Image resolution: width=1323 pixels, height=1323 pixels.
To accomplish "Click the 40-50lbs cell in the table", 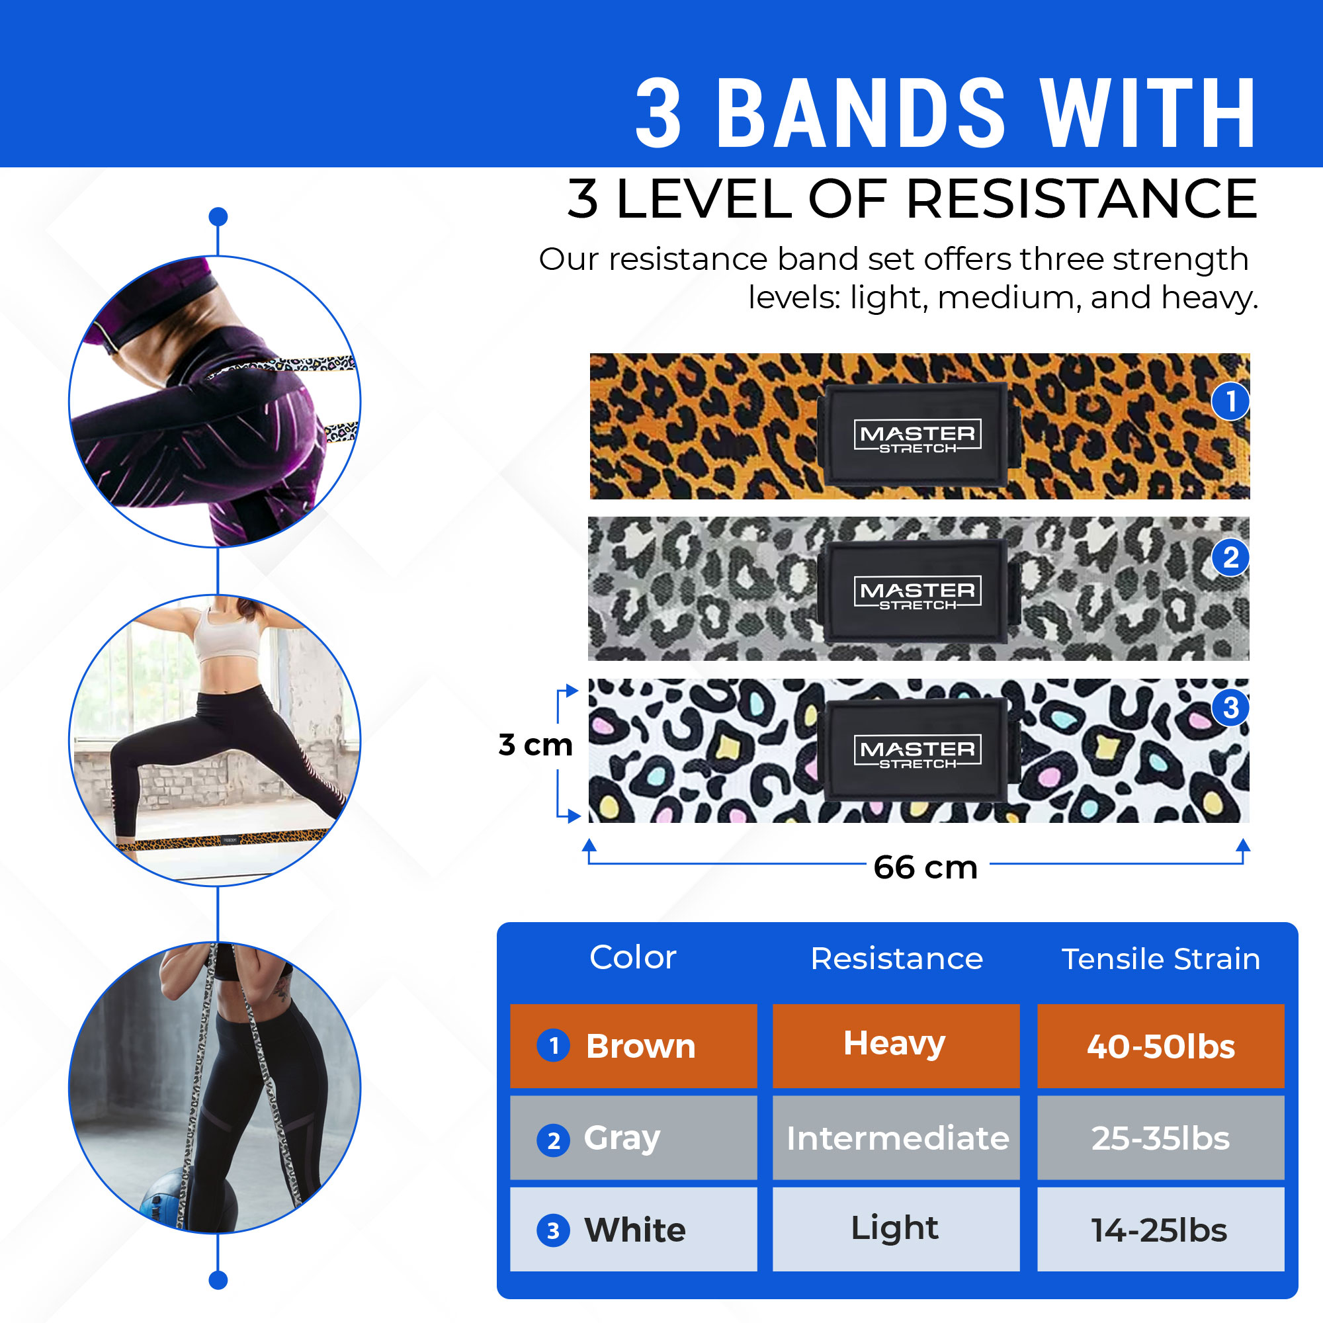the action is click(1160, 1046).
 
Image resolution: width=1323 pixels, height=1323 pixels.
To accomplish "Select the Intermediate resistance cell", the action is click(896, 1137).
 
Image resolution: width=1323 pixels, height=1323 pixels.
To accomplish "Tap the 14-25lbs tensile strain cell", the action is click(1160, 1229).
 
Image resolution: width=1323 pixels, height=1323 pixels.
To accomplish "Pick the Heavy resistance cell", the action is click(896, 1046).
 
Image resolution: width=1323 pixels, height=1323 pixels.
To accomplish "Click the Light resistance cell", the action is click(896, 1229).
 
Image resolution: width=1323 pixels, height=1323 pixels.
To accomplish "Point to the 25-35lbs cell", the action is click(1160, 1137).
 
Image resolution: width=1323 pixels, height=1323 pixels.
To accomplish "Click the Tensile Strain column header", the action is click(1161, 959).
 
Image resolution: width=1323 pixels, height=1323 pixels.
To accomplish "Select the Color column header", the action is click(633, 957).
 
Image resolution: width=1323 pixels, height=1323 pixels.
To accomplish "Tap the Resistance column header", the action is click(896, 959).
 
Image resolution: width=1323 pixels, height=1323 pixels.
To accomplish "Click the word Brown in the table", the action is click(640, 1046).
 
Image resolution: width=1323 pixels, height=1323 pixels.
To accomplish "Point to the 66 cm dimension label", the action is click(925, 868).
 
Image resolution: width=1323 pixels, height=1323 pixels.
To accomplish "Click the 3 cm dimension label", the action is click(536, 744).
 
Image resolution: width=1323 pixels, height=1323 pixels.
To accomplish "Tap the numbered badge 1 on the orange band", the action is click(1230, 401).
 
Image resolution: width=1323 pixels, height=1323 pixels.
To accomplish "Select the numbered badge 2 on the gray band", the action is click(1230, 558).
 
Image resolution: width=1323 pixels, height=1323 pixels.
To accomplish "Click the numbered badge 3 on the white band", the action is click(1230, 707).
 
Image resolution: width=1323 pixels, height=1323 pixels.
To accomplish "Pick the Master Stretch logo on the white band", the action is click(918, 751).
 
